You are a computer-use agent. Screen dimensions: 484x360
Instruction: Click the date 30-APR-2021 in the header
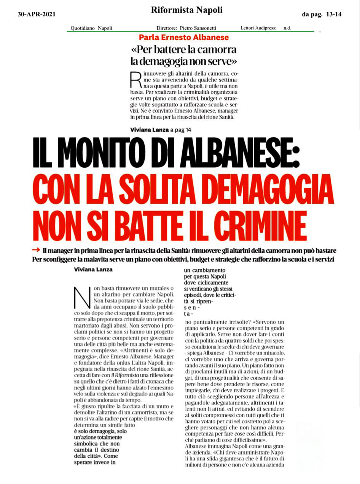point(37,14)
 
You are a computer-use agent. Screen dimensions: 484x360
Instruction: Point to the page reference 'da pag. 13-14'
point(321,14)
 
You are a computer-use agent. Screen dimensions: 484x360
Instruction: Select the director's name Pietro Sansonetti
point(204,28)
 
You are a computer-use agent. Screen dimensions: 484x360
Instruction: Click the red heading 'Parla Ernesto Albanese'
point(184,38)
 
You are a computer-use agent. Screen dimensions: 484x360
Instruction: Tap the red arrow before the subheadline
point(36,250)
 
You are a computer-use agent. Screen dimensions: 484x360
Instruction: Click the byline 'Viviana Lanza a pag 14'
point(161,130)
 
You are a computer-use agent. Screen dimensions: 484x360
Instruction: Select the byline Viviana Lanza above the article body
point(93,270)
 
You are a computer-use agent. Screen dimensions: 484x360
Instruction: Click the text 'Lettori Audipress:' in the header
point(258,28)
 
